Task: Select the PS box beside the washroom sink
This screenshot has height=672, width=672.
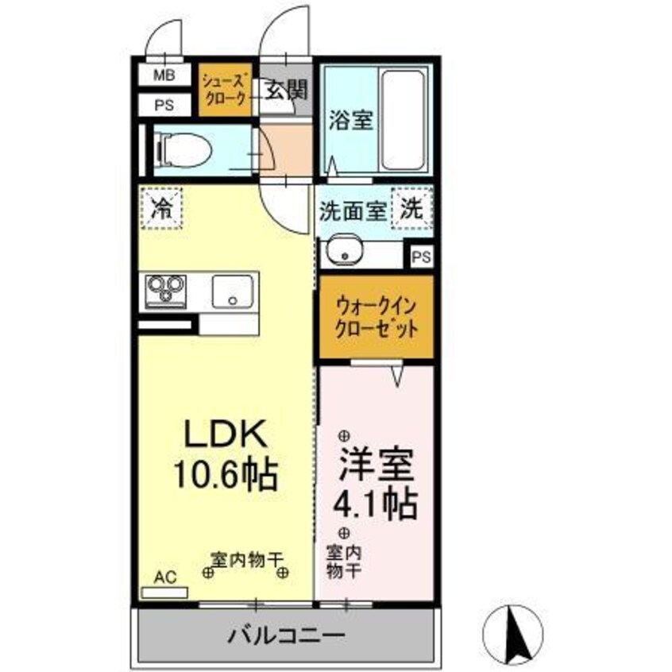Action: (422, 257)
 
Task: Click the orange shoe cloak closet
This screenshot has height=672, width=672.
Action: (225, 90)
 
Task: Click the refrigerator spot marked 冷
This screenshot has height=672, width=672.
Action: (161, 209)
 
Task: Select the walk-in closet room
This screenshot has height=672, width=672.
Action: (376, 317)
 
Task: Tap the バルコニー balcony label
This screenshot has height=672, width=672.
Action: (287, 635)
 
